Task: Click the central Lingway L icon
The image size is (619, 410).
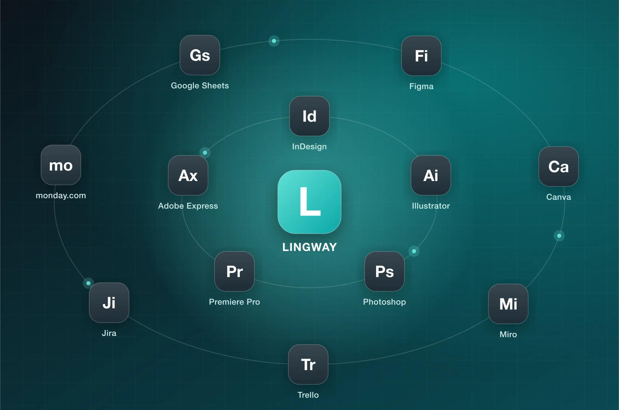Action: (309, 202)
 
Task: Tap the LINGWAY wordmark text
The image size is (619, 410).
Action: (309, 247)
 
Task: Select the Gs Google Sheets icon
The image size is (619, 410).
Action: (200, 55)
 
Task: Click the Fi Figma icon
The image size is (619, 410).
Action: (421, 56)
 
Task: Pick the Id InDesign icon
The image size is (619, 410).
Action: (309, 116)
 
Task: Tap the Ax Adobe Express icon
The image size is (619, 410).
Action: (188, 175)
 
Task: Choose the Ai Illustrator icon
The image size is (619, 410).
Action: (431, 175)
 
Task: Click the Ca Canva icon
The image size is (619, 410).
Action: (558, 166)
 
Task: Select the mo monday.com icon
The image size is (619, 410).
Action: (61, 165)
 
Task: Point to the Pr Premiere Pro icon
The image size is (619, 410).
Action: (234, 272)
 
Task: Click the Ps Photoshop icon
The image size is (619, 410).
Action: (385, 272)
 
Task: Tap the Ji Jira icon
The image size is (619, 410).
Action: (109, 303)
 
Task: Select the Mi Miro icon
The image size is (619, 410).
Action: (508, 304)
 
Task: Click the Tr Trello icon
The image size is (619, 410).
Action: (308, 365)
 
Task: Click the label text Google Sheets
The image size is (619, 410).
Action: (200, 86)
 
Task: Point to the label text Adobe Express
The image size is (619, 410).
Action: (188, 206)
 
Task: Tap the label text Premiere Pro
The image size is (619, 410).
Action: (234, 302)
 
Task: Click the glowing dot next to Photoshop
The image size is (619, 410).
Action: (414, 251)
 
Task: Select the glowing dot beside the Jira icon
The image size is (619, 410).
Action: (88, 283)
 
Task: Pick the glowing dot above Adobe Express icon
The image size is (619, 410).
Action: (205, 153)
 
